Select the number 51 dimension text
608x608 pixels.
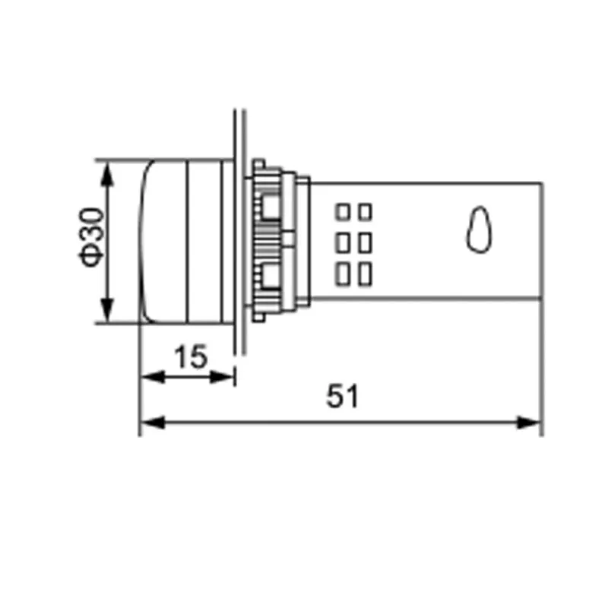[x=342, y=397]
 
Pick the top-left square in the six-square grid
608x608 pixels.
[x=343, y=211]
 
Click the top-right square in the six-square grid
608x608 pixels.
[x=365, y=211]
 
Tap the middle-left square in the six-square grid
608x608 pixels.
[x=343, y=242]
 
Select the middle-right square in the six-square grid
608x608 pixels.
[x=365, y=242]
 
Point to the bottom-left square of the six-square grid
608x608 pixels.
[x=343, y=273]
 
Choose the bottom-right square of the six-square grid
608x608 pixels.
[x=365, y=273]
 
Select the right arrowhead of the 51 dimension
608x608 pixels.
[x=530, y=422]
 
